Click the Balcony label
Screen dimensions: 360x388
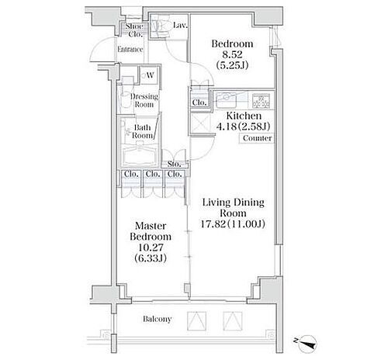157,319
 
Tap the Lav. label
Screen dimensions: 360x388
178,26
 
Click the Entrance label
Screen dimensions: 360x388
130,50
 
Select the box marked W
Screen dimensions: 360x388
147,75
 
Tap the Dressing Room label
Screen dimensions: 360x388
144,99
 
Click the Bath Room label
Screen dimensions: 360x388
142,131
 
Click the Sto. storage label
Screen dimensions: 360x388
175,164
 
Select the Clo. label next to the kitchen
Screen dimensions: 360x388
199,102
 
